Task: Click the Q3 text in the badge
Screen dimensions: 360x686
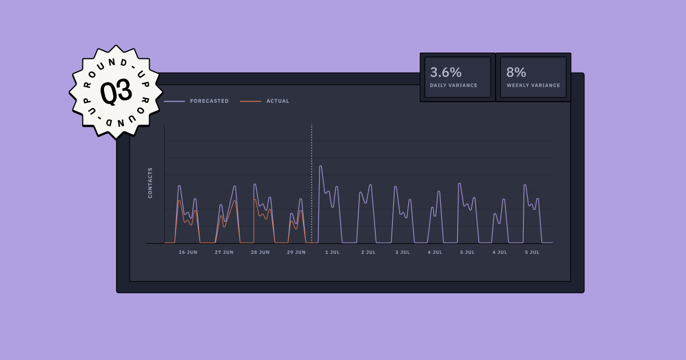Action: [116, 91]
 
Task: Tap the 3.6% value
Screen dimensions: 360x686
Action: [446, 73]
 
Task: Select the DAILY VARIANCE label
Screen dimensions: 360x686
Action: [453, 86]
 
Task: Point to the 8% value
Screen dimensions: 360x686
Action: [516, 73]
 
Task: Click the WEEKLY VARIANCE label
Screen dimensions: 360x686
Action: [533, 86]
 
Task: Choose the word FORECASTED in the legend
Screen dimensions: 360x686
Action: [209, 101]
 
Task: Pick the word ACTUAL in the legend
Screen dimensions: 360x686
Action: [278, 101]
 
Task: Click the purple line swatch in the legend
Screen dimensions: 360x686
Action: [174, 102]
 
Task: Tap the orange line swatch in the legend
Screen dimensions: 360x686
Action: [250, 102]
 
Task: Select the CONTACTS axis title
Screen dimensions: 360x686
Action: [150, 183]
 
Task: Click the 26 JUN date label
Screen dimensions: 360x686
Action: [188, 252]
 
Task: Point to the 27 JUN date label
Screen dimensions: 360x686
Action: [224, 252]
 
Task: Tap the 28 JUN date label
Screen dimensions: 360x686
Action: [260, 252]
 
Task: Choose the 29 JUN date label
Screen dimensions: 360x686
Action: [296, 252]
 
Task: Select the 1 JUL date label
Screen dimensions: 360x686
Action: [332, 252]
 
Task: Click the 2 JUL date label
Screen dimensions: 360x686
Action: [368, 252]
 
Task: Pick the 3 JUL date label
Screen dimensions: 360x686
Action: [402, 252]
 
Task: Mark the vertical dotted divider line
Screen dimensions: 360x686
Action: [312, 183]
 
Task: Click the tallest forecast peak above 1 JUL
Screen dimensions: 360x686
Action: [320, 166]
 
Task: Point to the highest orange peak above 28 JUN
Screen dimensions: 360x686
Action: [254, 199]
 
